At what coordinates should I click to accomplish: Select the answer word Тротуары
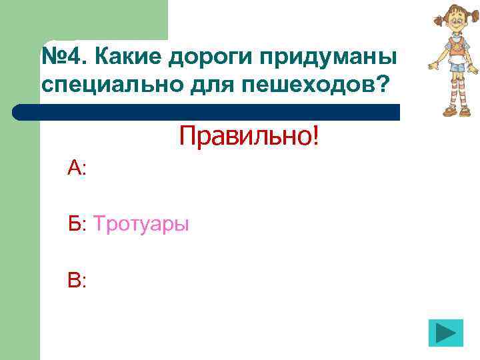point(141,224)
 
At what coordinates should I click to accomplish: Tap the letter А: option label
point(77,168)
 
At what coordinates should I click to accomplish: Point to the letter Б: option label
point(77,224)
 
